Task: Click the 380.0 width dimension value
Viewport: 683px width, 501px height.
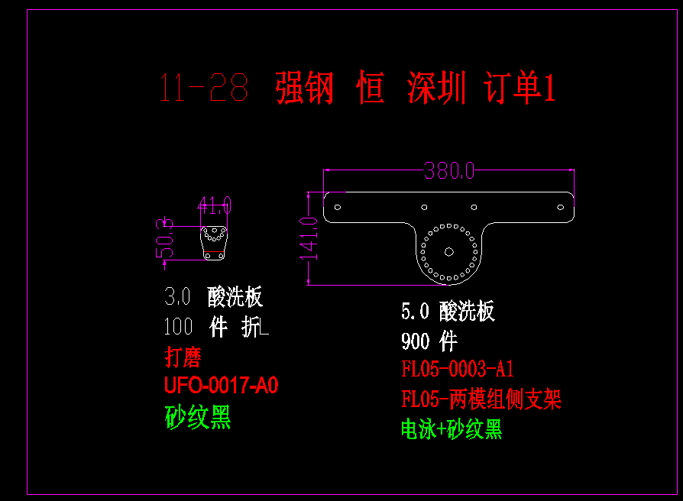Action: (449, 170)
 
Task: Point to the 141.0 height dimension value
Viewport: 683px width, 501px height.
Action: (309, 238)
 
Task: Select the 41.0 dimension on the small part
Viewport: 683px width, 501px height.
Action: (214, 205)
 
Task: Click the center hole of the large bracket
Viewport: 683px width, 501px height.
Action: (449, 250)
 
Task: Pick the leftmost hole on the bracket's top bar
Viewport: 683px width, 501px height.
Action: (338, 206)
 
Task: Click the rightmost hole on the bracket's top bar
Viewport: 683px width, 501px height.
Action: (559, 206)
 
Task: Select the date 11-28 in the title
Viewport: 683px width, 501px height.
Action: (204, 89)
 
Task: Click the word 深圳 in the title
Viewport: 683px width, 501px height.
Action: (436, 89)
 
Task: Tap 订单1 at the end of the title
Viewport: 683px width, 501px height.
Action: (520, 89)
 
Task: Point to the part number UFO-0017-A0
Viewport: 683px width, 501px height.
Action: (221, 386)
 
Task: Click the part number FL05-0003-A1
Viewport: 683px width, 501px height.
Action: (458, 370)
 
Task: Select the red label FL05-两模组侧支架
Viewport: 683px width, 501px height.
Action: (481, 399)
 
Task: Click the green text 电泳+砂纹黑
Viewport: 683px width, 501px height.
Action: (452, 429)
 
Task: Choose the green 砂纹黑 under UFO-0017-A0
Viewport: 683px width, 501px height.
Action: (198, 417)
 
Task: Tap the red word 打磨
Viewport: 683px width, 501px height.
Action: (183, 357)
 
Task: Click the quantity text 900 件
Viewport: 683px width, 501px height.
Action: (429, 341)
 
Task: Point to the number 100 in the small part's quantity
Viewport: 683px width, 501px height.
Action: (179, 327)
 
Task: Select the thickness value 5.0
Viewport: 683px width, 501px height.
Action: (416, 311)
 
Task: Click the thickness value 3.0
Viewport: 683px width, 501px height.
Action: (177, 297)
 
